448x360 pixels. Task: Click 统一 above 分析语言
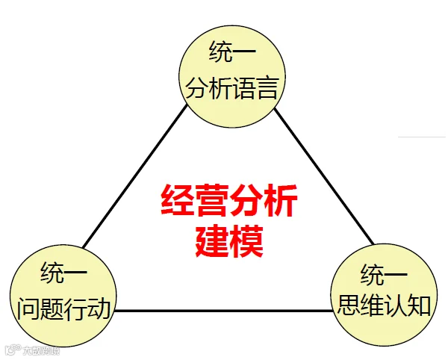(231, 53)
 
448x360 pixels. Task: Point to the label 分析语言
(231, 90)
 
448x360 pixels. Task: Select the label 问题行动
(63, 308)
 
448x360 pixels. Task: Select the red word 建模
(229, 240)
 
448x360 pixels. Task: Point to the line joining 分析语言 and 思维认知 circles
(325, 179)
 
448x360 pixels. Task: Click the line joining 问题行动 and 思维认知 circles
(224, 311)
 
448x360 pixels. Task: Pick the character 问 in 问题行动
(28, 308)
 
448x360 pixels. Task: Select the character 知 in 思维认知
(419, 306)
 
